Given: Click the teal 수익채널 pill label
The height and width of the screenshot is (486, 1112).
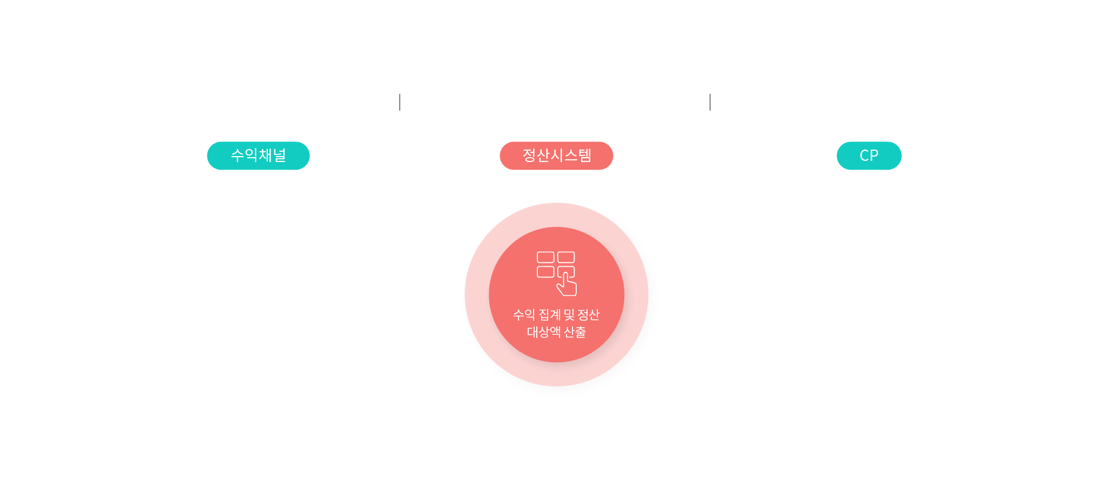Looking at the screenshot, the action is click(x=258, y=156).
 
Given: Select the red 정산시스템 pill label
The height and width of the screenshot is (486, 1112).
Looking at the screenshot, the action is click(x=556, y=156).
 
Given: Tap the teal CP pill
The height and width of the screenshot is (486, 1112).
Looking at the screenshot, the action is click(x=869, y=156).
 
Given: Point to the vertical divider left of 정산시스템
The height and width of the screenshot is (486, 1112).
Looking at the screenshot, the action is click(x=400, y=102).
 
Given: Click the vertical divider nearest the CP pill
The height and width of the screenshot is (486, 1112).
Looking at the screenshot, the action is click(x=710, y=102).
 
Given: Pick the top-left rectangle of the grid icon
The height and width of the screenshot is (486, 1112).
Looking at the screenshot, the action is click(x=545, y=257).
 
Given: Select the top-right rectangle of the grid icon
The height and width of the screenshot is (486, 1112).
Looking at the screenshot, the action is click(x=566, y=257).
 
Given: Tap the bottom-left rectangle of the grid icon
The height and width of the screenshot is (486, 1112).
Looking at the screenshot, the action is click(x=545, y=272).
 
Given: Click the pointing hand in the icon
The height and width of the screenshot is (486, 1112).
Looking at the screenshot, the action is click(x=567, y=285).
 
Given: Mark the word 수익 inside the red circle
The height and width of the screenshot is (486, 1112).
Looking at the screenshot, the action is click(x=524, y=315).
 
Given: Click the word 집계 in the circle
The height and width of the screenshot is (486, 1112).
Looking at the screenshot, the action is click(x=550, y=315).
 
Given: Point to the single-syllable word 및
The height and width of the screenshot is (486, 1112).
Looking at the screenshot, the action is click(x=569, y=315).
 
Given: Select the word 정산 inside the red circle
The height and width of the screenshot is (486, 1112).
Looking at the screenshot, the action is click(x=589, y=315).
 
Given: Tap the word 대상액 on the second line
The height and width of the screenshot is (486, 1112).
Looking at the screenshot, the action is click(x=544, y=332).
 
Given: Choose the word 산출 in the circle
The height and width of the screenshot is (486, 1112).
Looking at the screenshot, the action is click(x=575, y=332).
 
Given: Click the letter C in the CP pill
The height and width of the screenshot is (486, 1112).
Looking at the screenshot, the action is click(x=864, y=156).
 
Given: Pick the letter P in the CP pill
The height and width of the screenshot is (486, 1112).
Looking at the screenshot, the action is click(x=874, y=156).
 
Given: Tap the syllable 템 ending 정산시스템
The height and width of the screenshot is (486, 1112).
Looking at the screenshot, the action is click(x=585, y=156).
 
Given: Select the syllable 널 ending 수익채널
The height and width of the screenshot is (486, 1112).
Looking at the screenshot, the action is click(x=280, y=156).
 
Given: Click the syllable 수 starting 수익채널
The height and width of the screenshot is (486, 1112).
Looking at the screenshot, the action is click(x=237, y=156).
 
